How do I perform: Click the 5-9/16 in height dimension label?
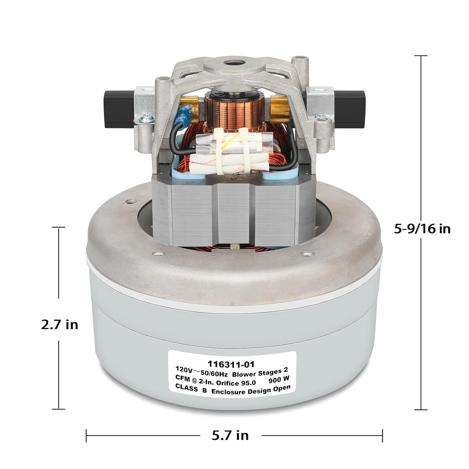coord(422,229)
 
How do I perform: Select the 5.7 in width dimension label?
coord(230,435)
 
